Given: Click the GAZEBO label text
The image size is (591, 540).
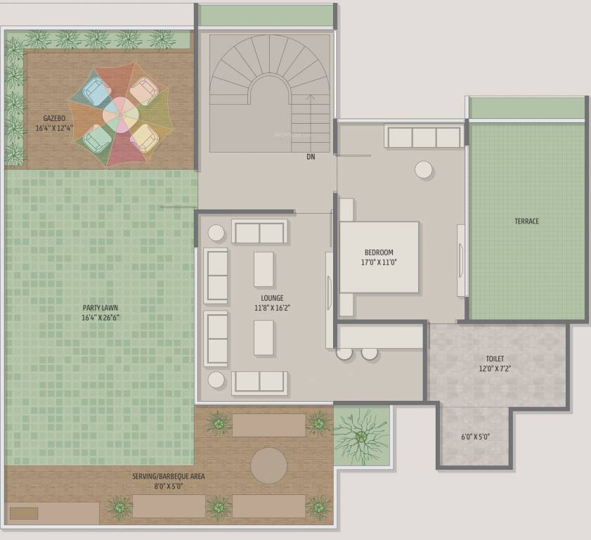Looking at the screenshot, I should pos(53,118).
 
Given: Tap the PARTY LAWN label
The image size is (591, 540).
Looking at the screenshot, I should pos(100,307).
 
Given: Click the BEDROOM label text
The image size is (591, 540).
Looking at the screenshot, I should pos(379,252).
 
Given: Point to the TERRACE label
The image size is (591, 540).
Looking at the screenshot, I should pos(526,221).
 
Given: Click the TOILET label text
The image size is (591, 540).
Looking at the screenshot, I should pos(495,359).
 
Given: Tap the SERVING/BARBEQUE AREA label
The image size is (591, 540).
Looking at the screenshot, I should pos(169,476).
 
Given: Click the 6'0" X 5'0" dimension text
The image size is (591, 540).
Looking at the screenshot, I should pos(476,437).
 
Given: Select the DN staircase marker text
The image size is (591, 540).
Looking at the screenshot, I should pos(311,157).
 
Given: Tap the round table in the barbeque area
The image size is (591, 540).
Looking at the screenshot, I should pos(268,465).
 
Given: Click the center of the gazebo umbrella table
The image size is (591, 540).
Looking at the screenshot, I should pos(121,115).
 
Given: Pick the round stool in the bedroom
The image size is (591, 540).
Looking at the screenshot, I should pos(424,169).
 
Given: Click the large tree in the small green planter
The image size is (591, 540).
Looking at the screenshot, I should pos(361,436).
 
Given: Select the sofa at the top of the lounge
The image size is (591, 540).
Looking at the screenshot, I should pos(259,231).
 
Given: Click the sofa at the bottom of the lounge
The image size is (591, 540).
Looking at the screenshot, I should pos(259,382).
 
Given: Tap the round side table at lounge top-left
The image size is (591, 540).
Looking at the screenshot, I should pos(216,233).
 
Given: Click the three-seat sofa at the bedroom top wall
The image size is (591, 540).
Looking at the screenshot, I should pos(423,137).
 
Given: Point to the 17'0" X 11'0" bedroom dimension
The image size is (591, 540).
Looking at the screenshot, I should pos(379,262).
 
